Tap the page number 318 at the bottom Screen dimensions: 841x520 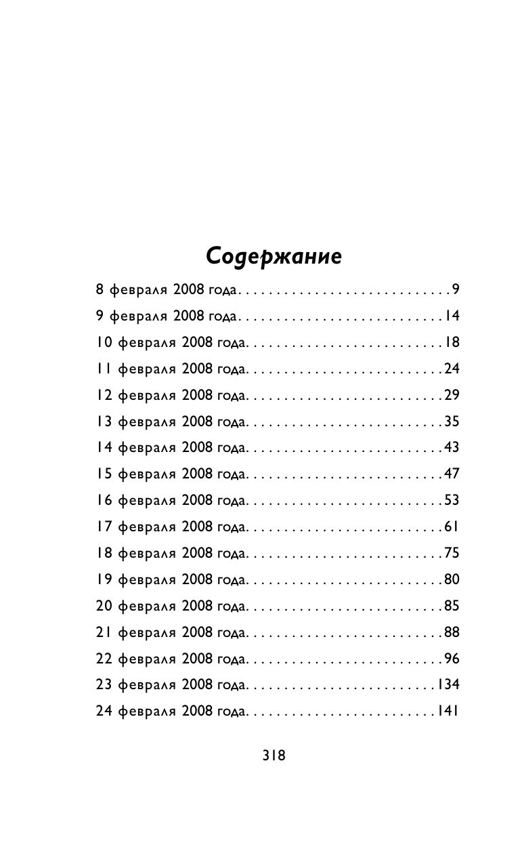click(274, 755)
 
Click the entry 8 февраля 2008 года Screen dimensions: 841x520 click(166, 290)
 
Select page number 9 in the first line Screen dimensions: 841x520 click(456, 290)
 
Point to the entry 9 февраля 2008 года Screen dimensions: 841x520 click(166, 316)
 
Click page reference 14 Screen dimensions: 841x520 click(452, 316)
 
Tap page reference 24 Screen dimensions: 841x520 click(452, 369)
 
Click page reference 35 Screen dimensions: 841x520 click(452, 422)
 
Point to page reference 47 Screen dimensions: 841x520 click(452, 474)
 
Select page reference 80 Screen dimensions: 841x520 click(452, 579)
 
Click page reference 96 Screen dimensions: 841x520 click(452, 659)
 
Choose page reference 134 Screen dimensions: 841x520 click(448, 684)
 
